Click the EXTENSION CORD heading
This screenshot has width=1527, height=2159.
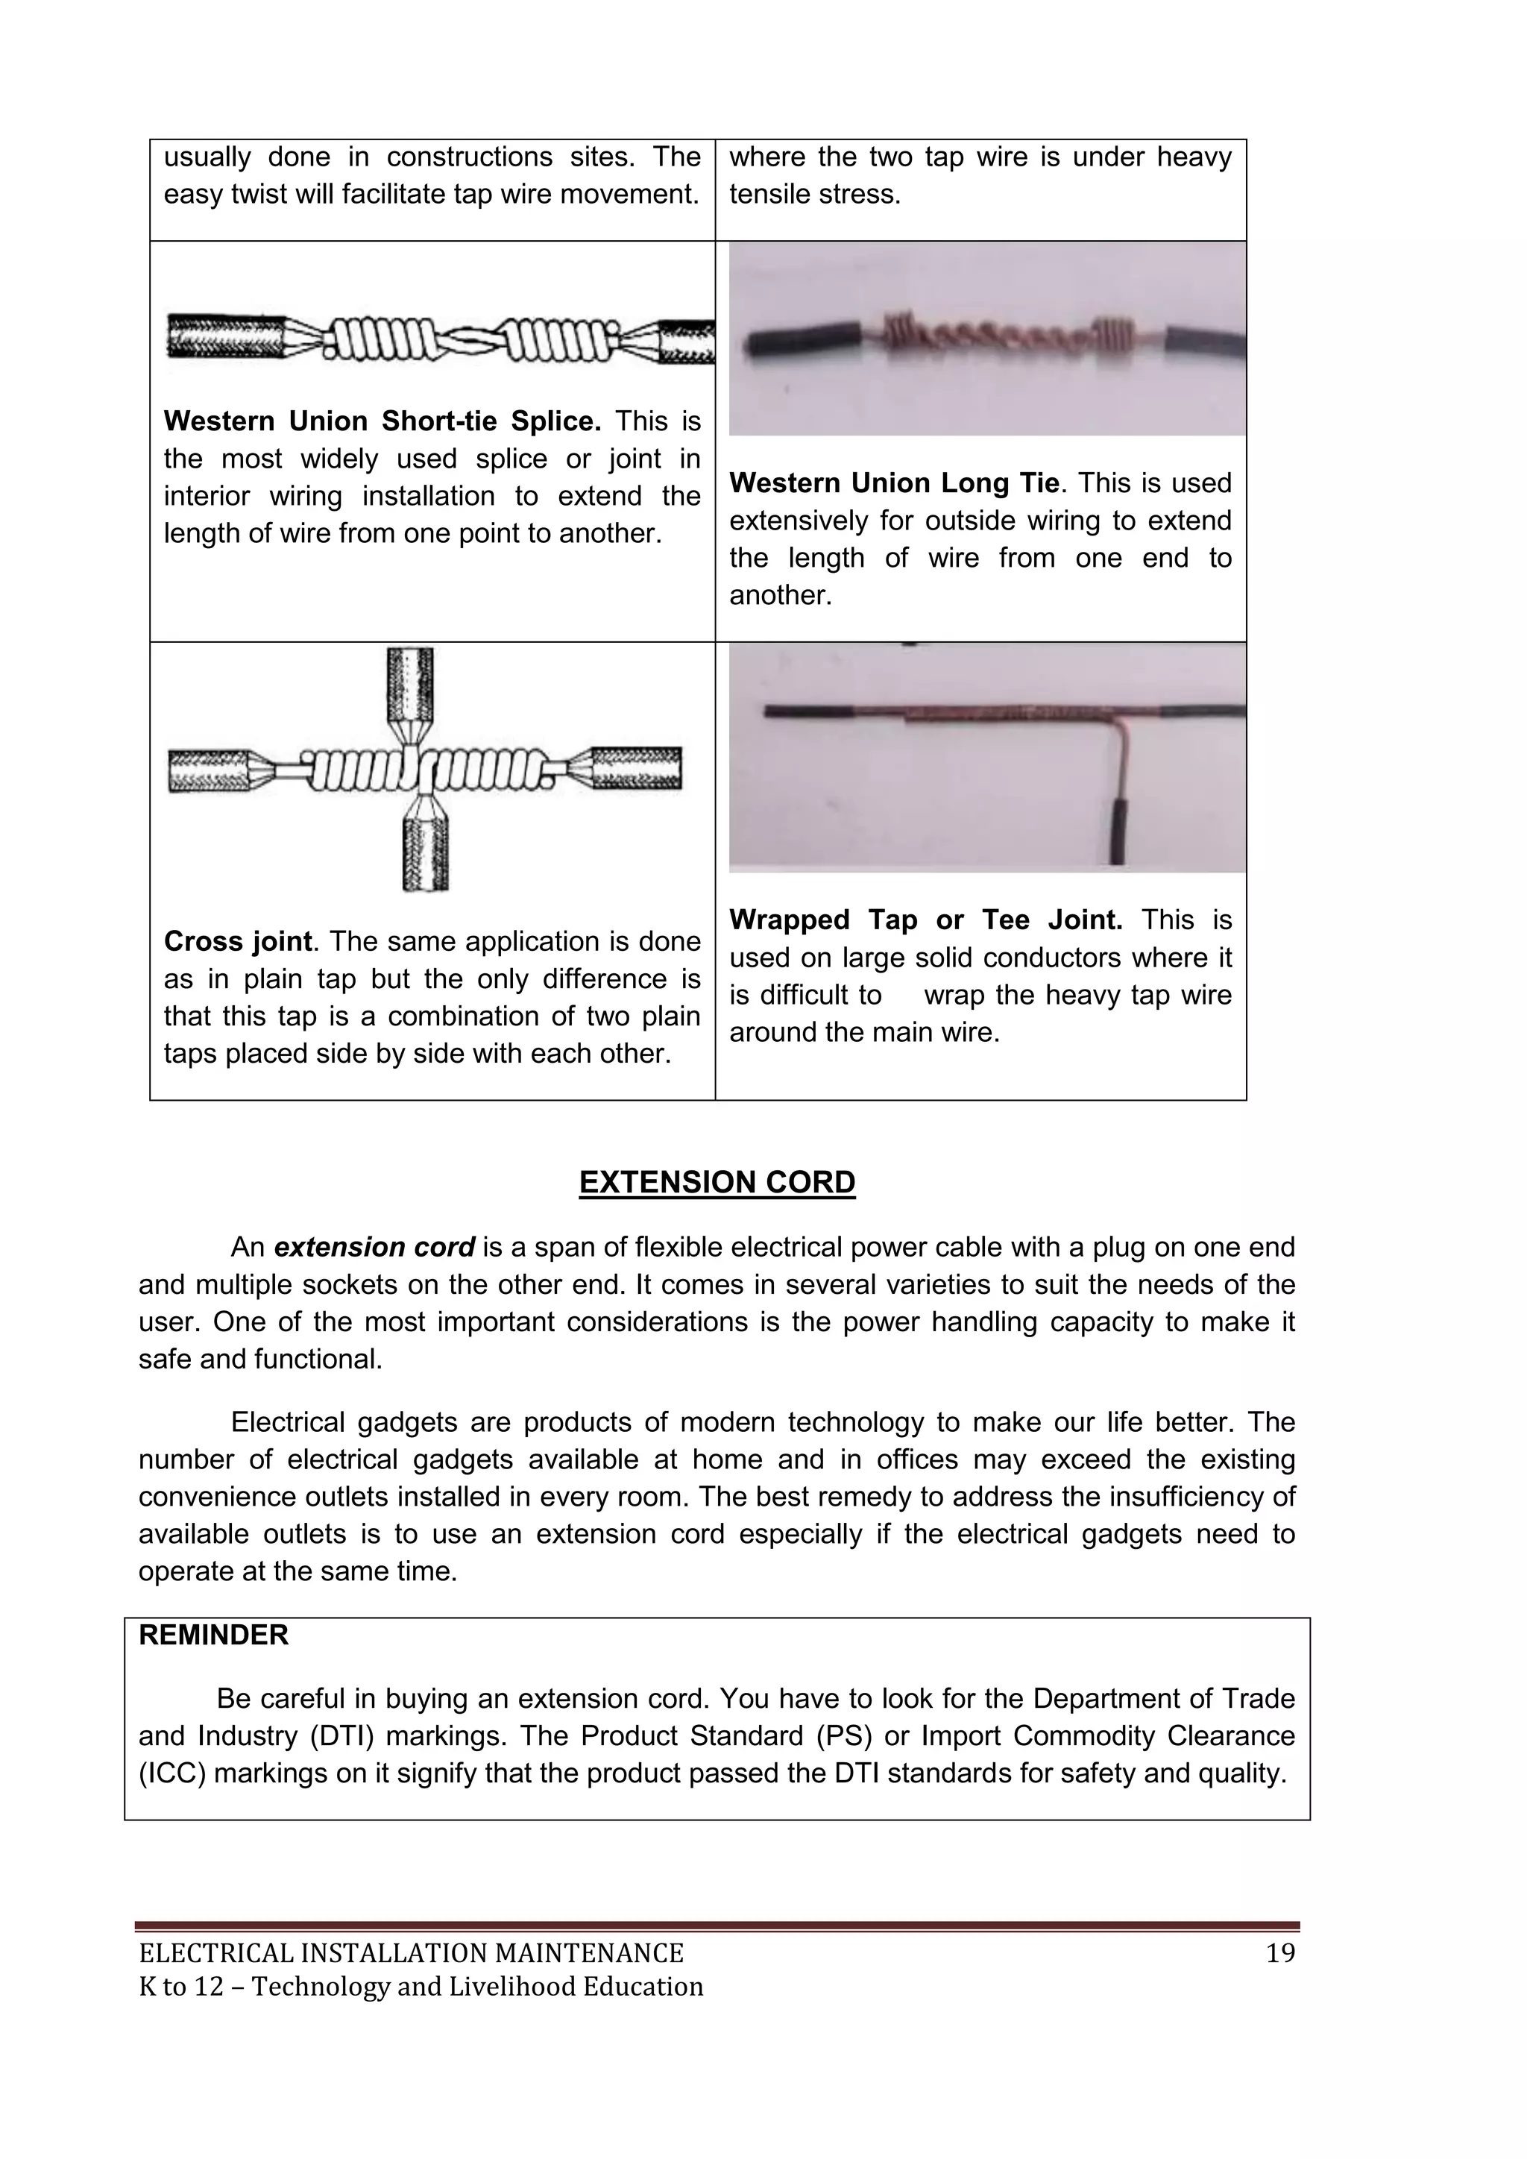click(717, 1182)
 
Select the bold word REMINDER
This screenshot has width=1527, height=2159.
click(213, 1635)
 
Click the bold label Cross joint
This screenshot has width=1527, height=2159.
click(237, 941)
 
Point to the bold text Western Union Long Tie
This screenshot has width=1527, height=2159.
click(893, 483)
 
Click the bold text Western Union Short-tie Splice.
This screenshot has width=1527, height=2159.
click(382, 421)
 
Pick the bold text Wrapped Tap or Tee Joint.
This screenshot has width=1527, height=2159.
click(925, 920)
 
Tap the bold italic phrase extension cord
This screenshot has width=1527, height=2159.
click(374, 1247)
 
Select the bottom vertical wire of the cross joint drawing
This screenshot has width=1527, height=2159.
click(426, 851)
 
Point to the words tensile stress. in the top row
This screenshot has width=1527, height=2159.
click(814, 195)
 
